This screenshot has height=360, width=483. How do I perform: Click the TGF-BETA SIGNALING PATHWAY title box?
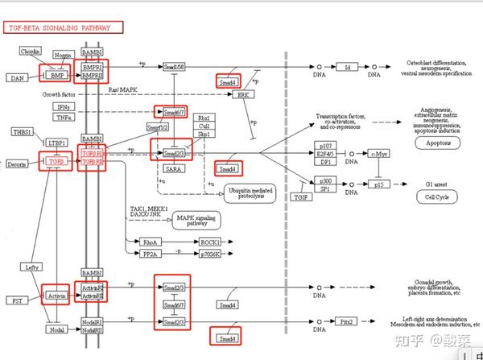coord(64,27)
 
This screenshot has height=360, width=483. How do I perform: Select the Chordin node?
coord(31,52)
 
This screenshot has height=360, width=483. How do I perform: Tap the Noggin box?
coord(63,55)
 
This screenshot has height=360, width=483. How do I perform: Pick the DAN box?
coord(18,78)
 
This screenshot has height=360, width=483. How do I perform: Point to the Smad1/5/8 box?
coord(175,66)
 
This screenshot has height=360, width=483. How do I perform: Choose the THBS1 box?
coord(23,132)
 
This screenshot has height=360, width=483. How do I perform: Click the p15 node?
coord(380,184)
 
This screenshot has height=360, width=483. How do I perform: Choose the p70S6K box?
coord(212,254)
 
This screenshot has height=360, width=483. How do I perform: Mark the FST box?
coord(18,300)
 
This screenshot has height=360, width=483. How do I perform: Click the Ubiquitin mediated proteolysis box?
coord(250,193)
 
